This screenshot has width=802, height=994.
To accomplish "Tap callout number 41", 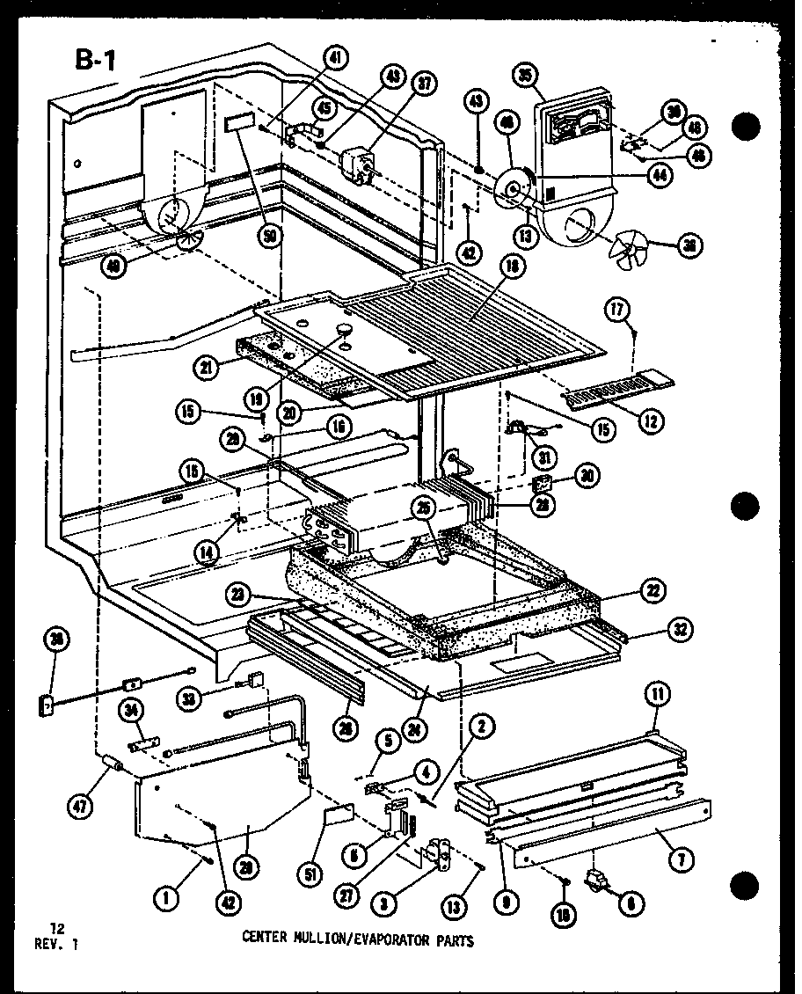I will (x=335, y=58).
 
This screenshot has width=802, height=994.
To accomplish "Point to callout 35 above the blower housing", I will (x=527, y=77).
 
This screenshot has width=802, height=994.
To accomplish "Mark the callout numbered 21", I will (x=208, y=369).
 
